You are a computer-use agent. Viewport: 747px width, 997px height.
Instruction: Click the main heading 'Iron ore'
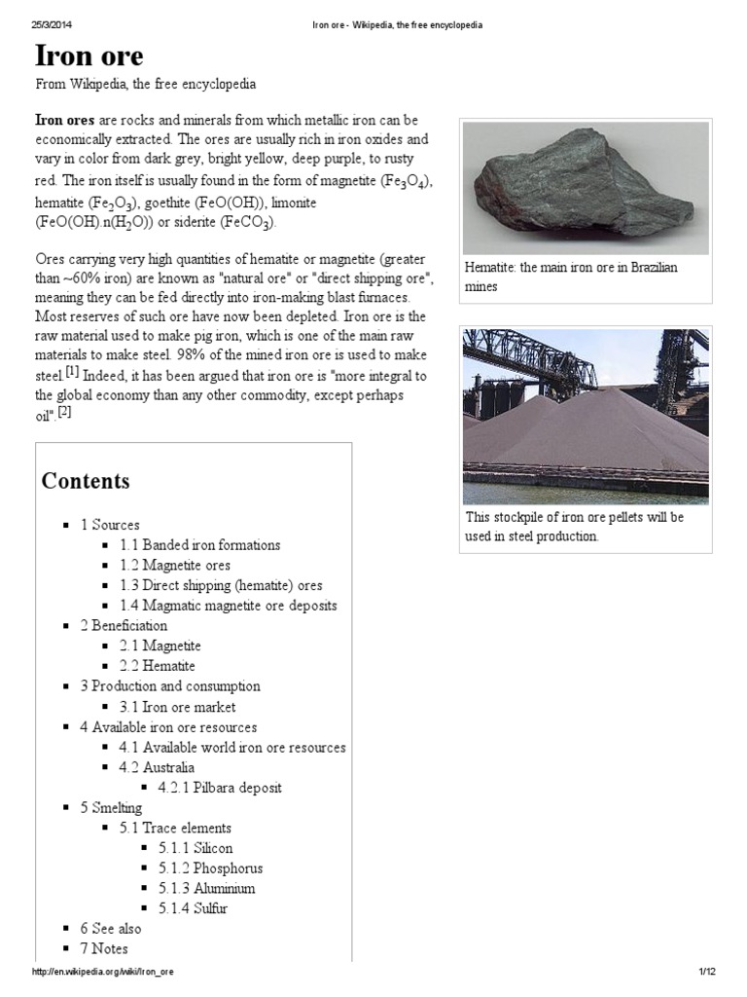point(89,55)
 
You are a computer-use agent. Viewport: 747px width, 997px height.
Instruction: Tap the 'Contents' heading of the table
point(85,481)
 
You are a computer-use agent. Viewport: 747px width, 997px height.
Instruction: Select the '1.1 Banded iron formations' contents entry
point(199,545)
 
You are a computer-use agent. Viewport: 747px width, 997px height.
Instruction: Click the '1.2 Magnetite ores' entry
point(174,565)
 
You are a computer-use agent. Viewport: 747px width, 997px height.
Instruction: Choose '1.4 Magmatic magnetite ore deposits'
point(228,606)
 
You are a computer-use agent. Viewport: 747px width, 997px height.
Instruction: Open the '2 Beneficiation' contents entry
point(124,625)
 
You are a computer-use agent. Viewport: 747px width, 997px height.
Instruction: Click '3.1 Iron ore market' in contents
point(177,707)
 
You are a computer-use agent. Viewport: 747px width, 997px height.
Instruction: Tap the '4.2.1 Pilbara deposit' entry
point(220,787)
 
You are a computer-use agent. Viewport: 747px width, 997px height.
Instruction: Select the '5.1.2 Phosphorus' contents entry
point(210,868)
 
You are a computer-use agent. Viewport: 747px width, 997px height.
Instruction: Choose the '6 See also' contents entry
point(110,929)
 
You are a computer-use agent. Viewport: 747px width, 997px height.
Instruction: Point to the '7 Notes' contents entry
point(104,948)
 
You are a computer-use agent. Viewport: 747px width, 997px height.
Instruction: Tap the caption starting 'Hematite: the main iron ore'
point(572,277)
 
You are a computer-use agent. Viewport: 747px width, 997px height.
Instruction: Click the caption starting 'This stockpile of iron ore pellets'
point(574,527)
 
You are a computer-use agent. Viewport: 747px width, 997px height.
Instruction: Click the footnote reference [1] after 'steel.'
point(72,372)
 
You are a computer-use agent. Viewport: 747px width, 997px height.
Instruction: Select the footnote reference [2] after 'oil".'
point(64,412)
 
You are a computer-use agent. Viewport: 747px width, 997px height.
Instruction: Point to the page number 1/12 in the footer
point(706,973)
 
